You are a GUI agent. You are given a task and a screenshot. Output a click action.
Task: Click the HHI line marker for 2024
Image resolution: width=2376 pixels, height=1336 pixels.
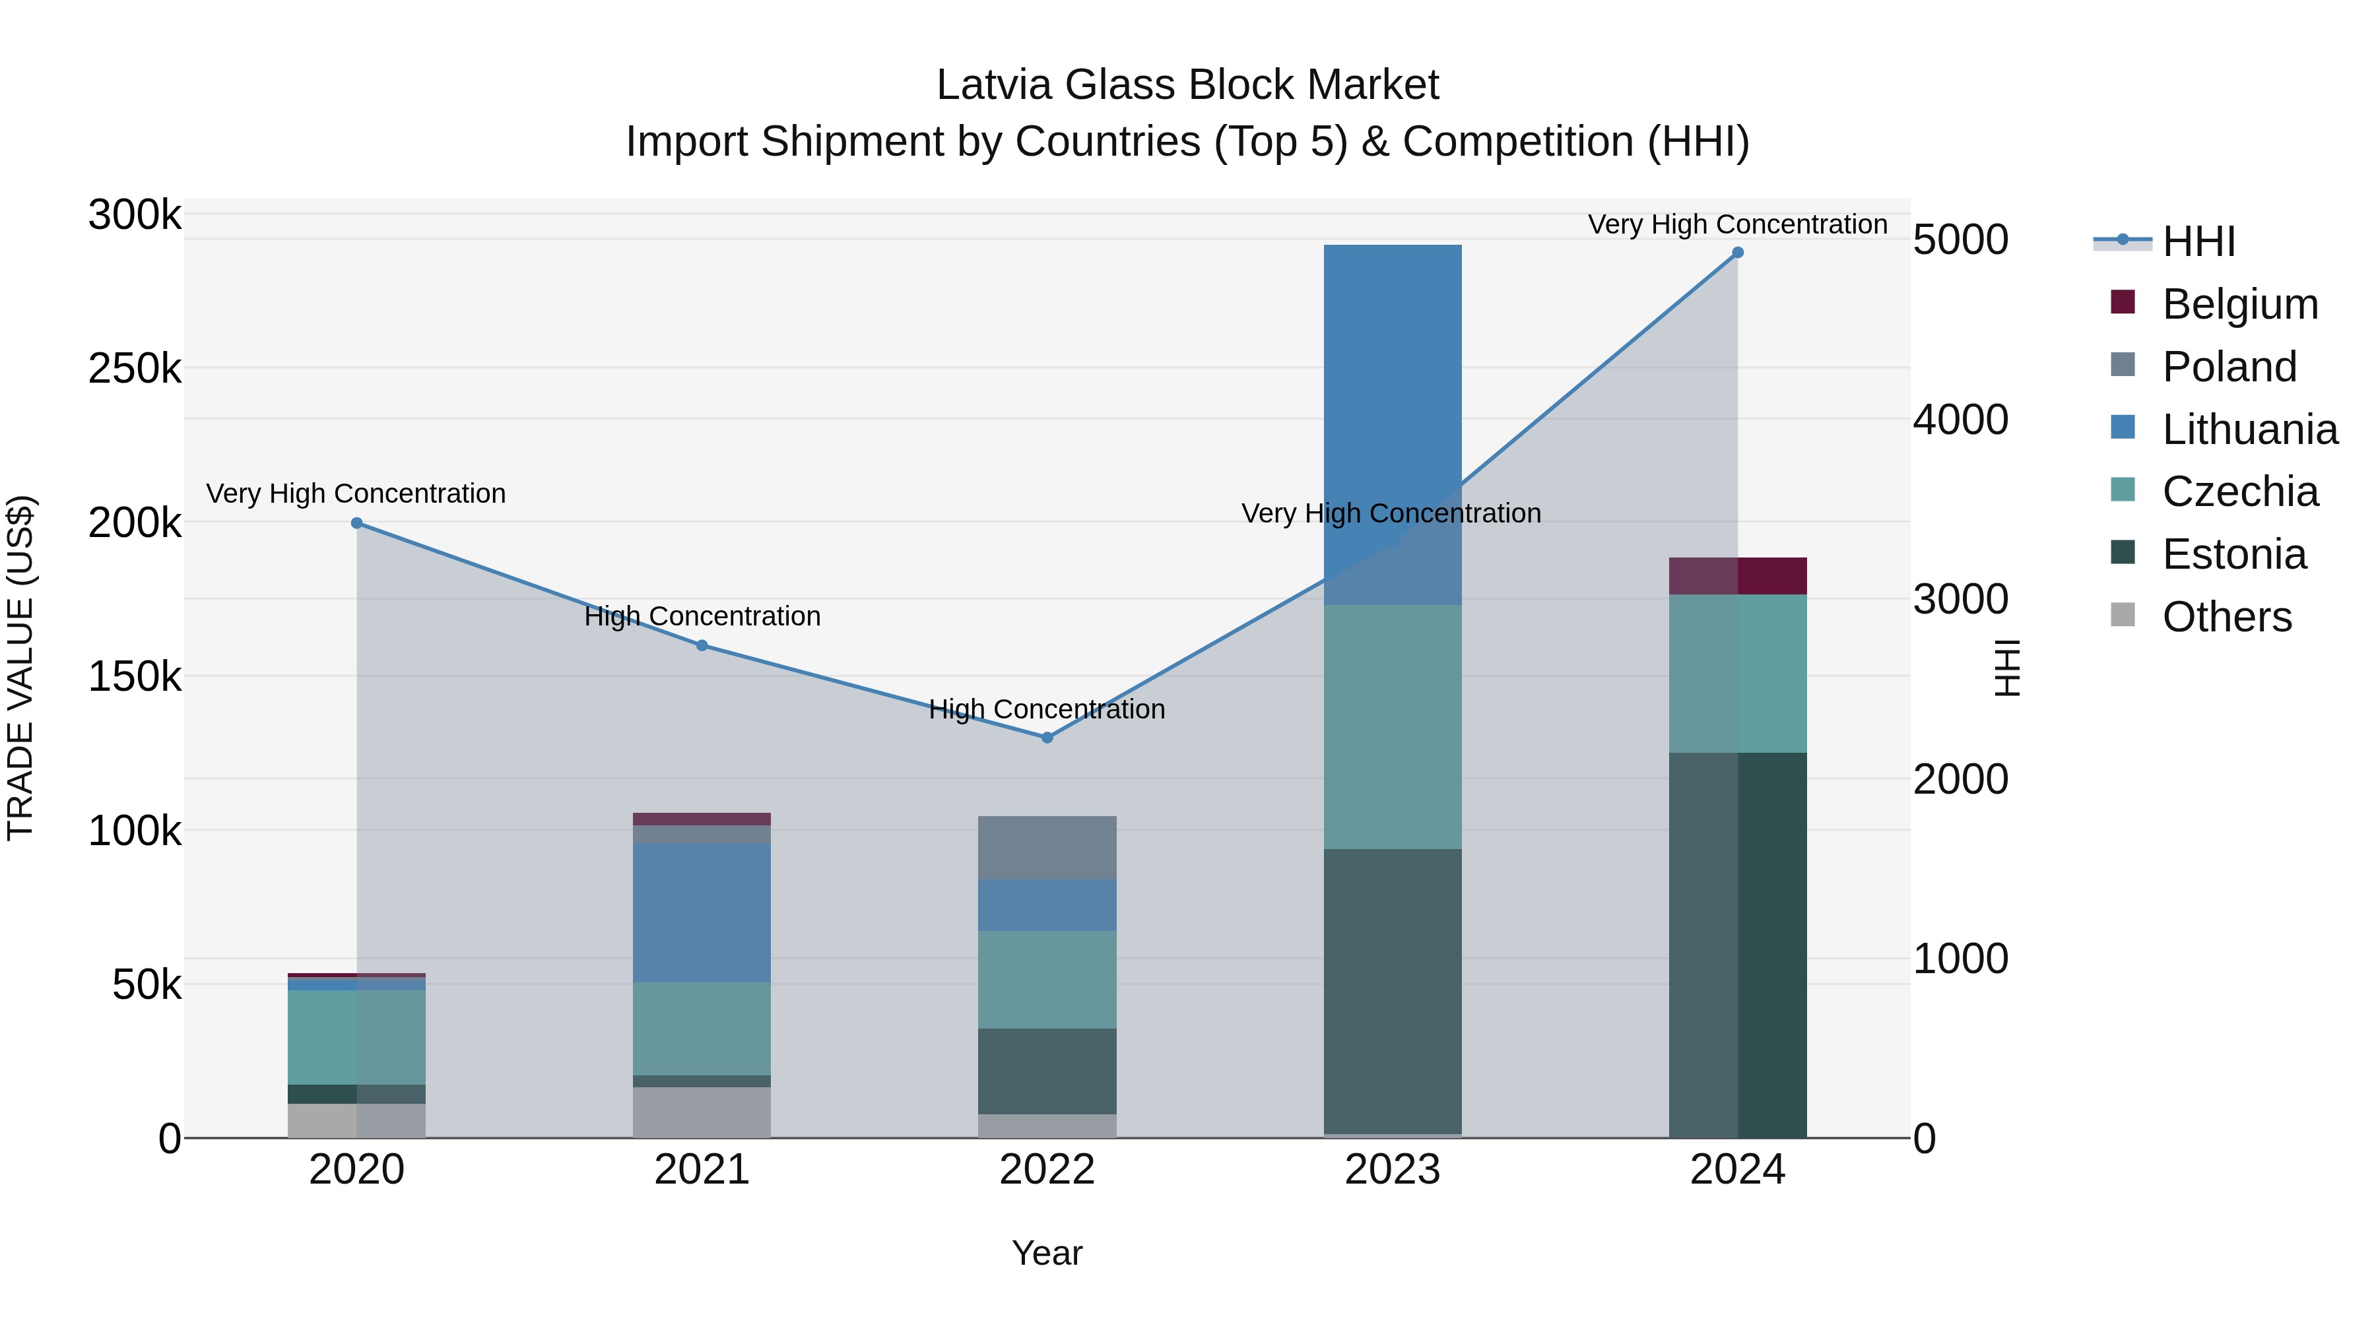click(1738, 253)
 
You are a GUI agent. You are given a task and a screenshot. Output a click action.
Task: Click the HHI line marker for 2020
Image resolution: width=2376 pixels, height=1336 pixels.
click(357, 523)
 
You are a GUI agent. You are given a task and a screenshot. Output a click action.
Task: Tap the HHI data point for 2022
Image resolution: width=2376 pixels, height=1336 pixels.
click(1047, 738)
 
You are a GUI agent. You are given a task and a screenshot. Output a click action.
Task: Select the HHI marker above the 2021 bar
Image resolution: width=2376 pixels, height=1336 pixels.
click(702, 645)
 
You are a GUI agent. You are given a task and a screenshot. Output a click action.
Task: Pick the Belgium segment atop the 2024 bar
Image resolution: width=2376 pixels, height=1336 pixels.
click(1738, 576)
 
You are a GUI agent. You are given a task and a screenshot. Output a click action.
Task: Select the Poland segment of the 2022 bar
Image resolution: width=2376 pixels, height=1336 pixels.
click(1047, 847)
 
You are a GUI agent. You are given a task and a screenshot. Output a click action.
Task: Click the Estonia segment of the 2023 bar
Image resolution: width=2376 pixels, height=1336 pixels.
click(1392, 990)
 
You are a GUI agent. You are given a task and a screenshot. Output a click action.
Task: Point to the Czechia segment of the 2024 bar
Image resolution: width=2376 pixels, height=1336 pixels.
click(1738, 673)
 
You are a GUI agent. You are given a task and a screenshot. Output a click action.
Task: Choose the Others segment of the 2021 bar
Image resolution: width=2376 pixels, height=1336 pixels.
click(702, 1112)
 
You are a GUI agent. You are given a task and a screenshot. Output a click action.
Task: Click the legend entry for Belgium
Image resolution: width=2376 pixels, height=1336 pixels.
click(2239, 304)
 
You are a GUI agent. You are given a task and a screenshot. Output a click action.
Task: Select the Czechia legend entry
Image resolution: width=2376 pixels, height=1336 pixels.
click(2239, 492)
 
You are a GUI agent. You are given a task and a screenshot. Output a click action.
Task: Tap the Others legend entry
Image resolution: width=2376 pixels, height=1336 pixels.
click(2227, 617)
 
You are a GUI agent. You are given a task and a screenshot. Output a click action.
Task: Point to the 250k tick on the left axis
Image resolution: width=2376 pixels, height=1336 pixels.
click(135, 369)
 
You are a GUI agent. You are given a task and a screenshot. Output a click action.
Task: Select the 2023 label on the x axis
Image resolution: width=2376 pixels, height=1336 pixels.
click(1392, 1170)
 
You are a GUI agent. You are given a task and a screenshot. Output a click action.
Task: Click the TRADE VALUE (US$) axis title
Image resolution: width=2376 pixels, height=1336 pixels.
click(20, 668)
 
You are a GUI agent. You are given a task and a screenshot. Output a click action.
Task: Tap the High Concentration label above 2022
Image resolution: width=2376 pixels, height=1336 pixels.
click(1047, 709)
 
